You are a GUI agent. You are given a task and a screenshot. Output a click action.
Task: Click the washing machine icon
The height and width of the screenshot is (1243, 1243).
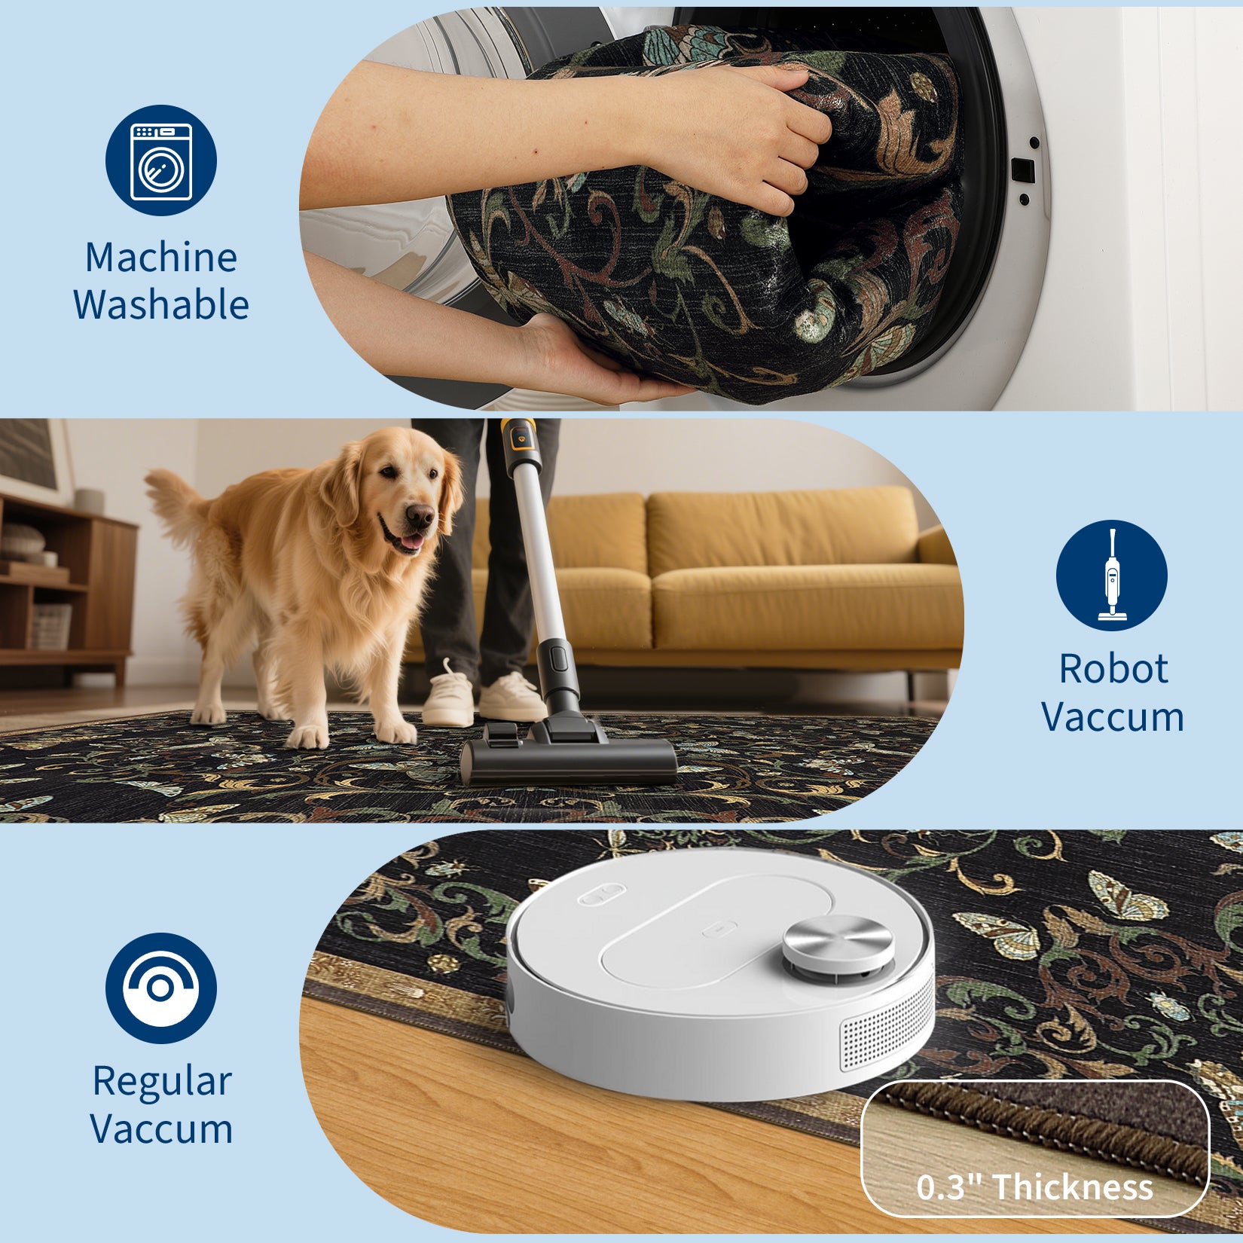[x=161, y=160]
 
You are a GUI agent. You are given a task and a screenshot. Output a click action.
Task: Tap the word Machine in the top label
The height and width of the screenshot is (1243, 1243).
[x=161, y=258]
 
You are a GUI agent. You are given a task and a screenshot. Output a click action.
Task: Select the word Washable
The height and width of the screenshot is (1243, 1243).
[x=161, y=305]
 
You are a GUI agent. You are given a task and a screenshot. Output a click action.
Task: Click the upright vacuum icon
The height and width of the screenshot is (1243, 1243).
[x=1111, y=576]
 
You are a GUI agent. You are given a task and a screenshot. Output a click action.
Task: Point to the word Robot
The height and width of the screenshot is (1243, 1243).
[x=1113, y=669]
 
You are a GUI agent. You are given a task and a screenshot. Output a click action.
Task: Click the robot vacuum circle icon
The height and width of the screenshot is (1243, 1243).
[x=161, y=988]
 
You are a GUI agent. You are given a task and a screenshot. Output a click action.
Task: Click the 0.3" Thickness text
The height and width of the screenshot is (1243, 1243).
[x=1034, y=1187]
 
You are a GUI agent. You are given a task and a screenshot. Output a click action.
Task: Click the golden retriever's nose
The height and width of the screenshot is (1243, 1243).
[x=420, y=516]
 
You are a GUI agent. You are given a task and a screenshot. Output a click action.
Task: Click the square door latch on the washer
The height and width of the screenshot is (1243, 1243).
[x=1022, y=170]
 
